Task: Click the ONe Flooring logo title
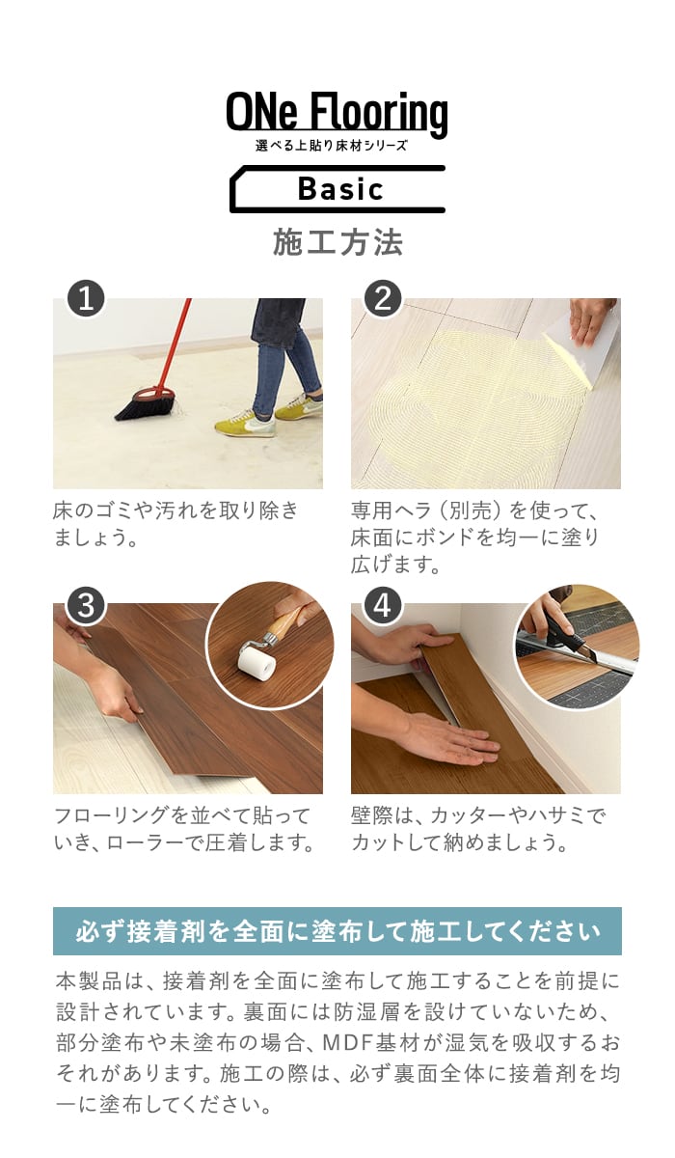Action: tap(337, 114)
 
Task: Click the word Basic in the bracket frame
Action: tap(340, 189)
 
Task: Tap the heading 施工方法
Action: tap(337, 242)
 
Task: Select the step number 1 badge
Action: tap(86, 299)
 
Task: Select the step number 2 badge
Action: tap(383, 299)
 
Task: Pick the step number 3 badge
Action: tap(86, 605)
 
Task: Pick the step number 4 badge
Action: tap(383, 605)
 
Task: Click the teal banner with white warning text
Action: tap(337, 931)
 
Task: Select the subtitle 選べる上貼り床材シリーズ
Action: tap(331, 146)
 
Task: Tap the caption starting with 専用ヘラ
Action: tap(475, 538)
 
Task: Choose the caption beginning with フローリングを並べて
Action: tap(184, 830)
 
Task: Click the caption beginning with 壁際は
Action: tap(477, 830)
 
